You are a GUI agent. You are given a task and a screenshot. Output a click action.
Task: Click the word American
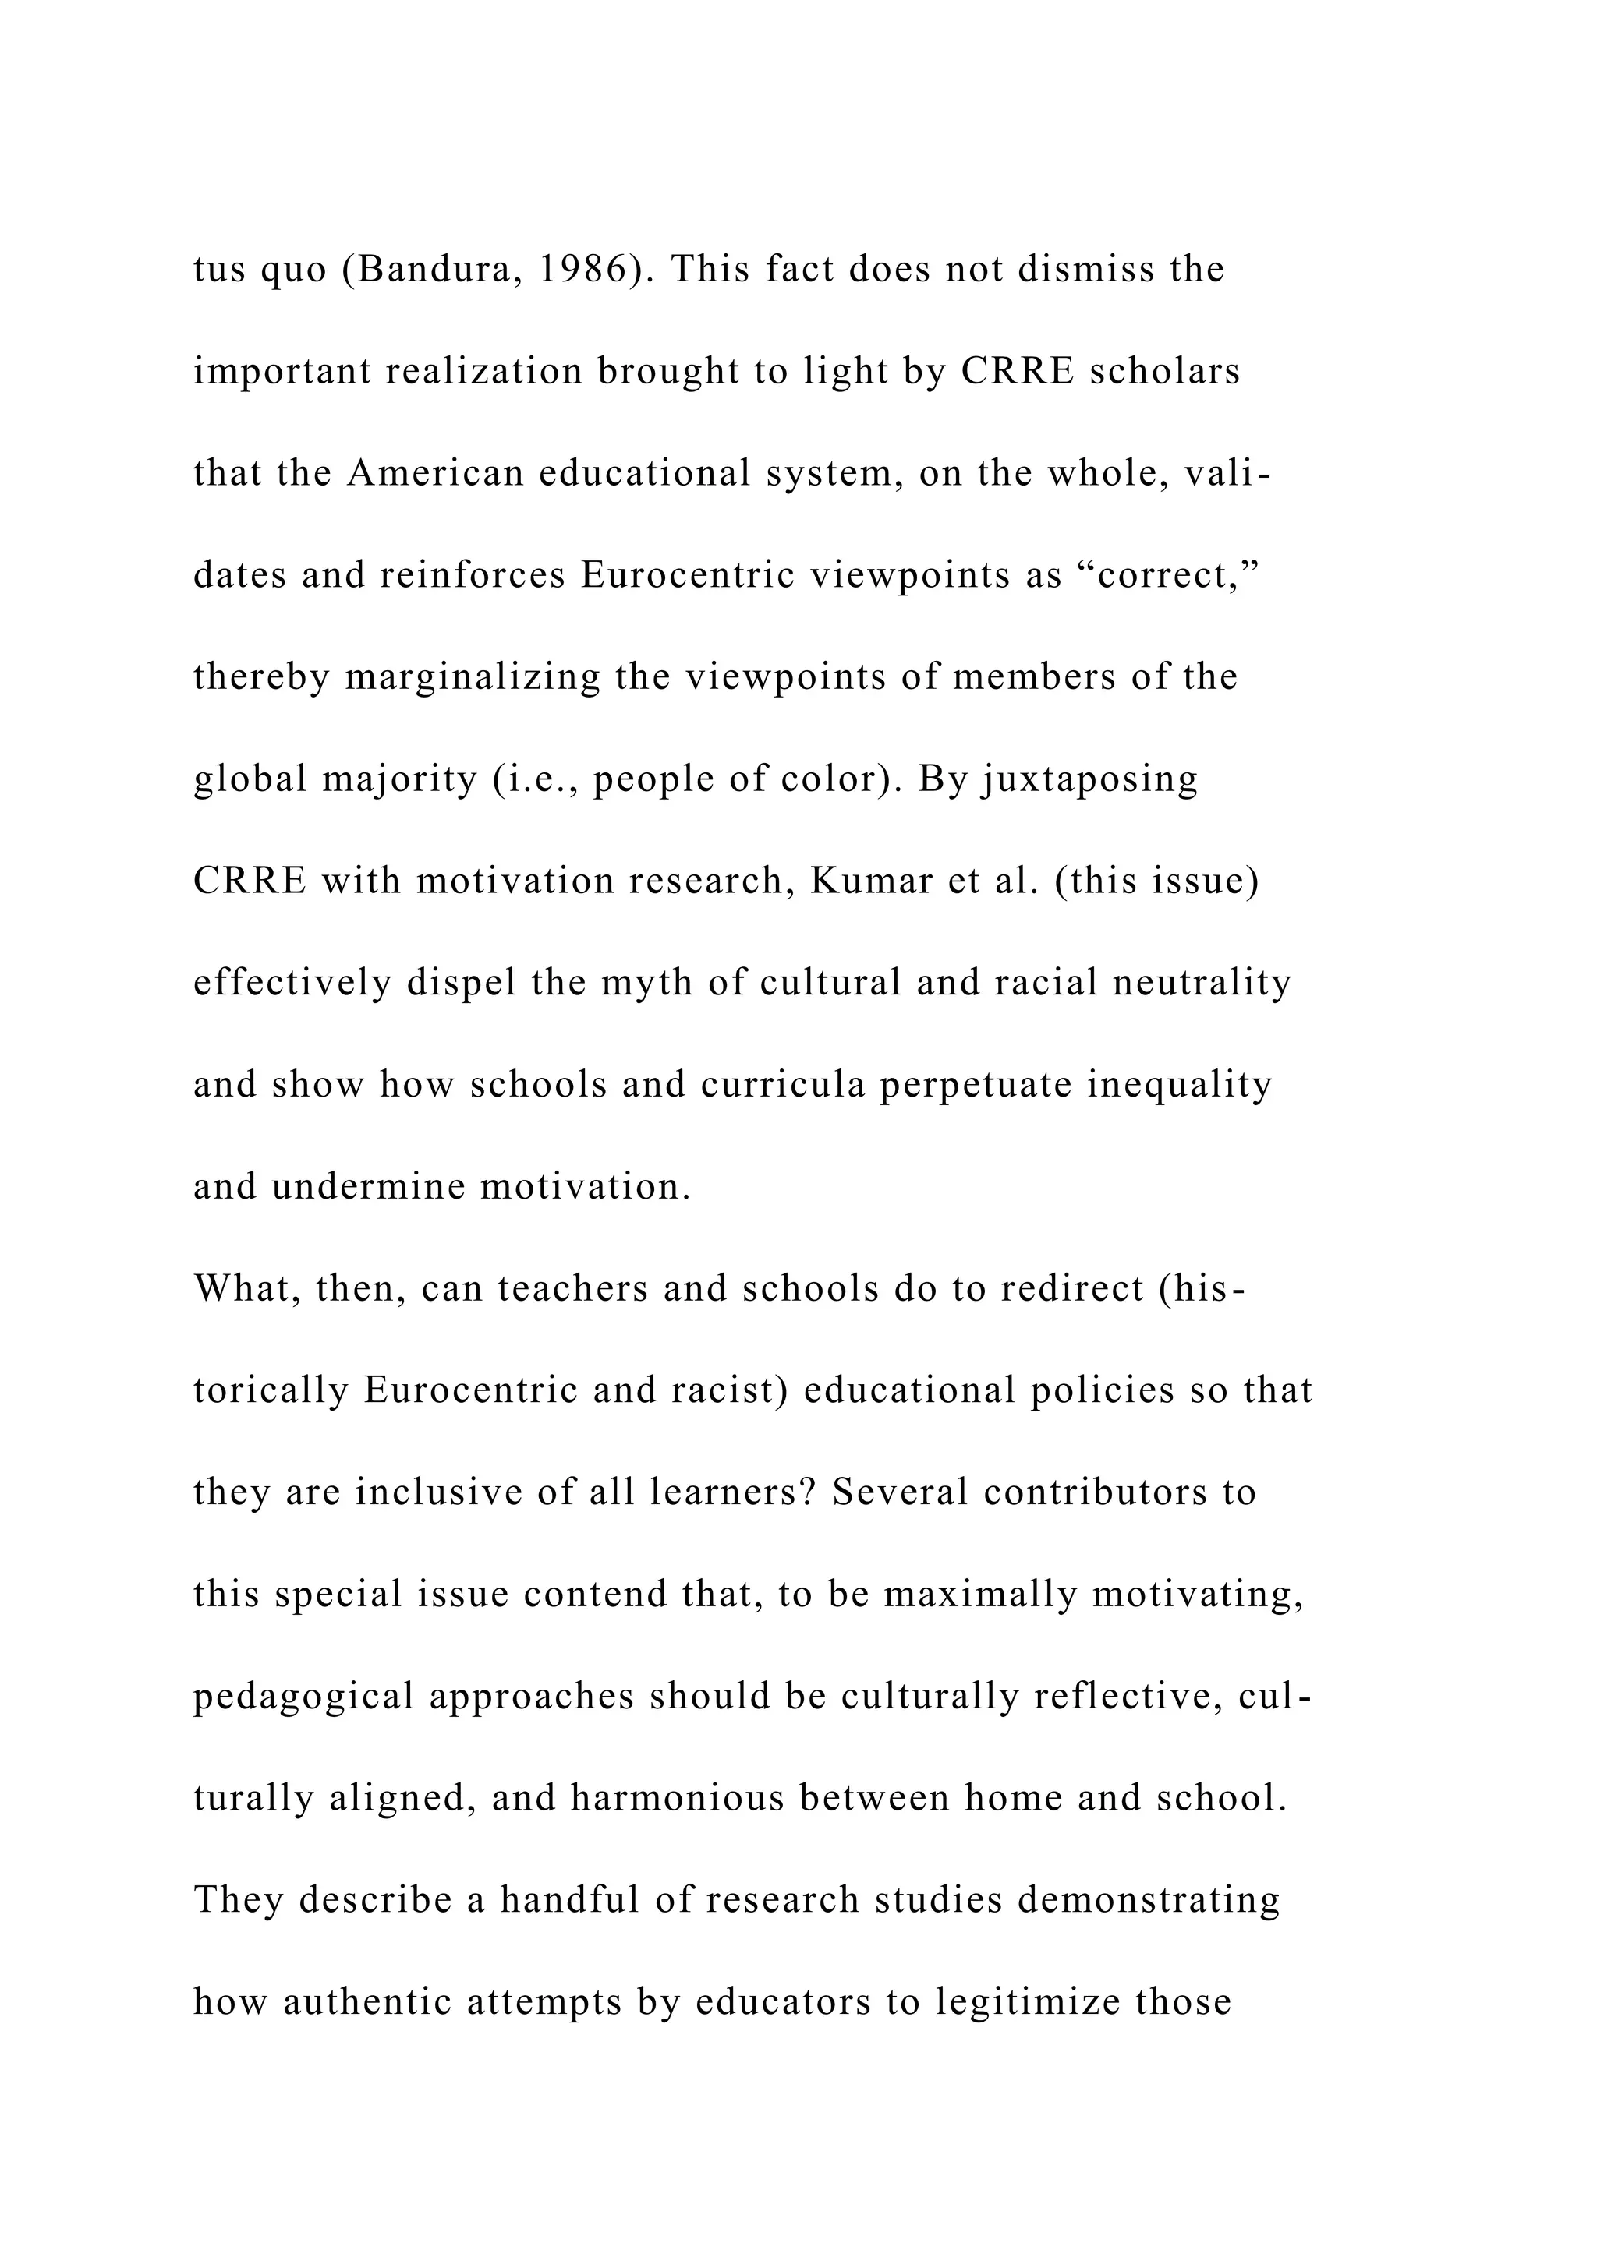[x=436, y=474]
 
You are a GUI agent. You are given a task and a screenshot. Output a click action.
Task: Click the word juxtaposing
[x=1089, y=779]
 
